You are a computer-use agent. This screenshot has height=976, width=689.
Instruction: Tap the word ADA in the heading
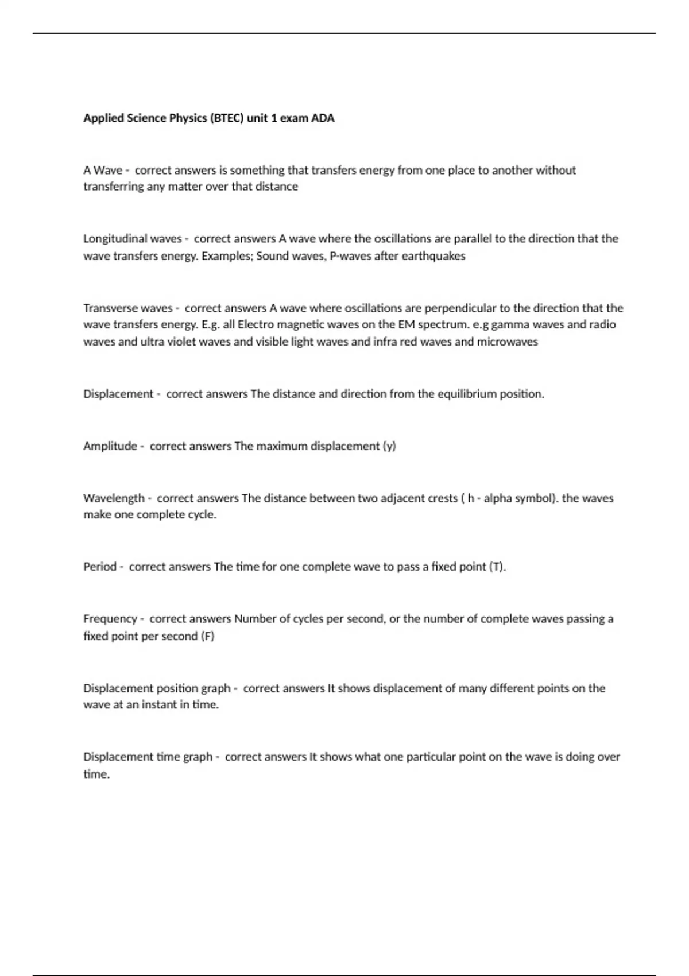(323, 118)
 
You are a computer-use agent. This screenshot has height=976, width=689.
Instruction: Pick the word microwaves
(508, 342)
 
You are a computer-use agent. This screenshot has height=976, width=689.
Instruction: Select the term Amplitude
(110, 446)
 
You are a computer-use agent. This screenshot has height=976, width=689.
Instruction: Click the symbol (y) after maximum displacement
(389, 446)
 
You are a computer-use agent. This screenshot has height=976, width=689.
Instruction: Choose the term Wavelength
(114, 498)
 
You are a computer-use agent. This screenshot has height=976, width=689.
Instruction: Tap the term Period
(100, 567)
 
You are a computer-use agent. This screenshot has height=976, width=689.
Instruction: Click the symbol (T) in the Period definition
(497, 567)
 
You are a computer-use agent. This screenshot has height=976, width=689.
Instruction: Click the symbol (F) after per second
(207, 636)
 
